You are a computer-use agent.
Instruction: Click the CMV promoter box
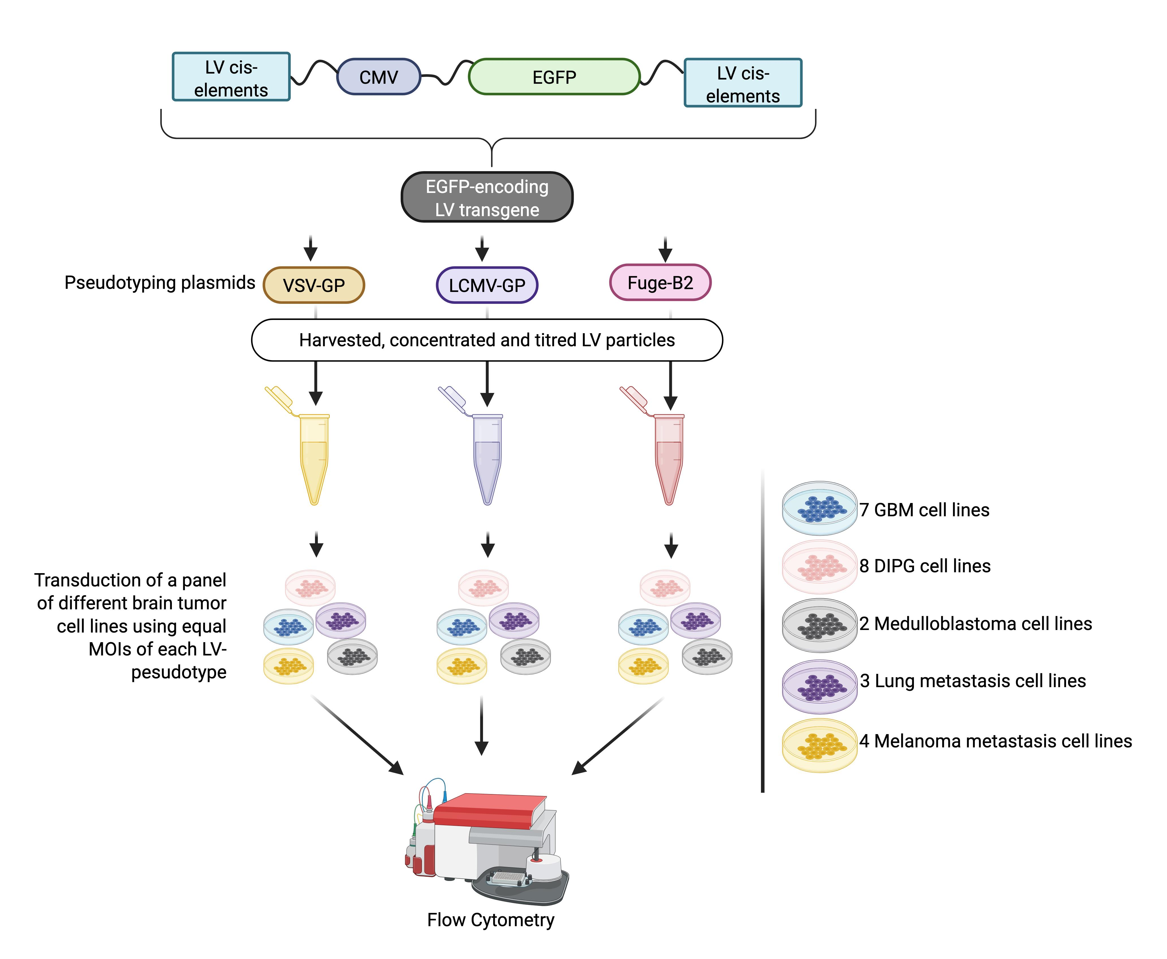click(x=379, y=77)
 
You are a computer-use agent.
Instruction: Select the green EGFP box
click(x=554, y=77)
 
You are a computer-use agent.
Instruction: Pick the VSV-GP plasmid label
click(x=314, y=285)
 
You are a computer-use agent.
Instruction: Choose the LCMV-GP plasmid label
click(x=487, y=285)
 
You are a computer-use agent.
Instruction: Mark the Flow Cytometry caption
click(x=490, y=920)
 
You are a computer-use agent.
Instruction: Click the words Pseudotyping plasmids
click(x=159, y=282)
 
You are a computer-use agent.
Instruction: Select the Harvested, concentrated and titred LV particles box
click(x=487, y=340)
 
